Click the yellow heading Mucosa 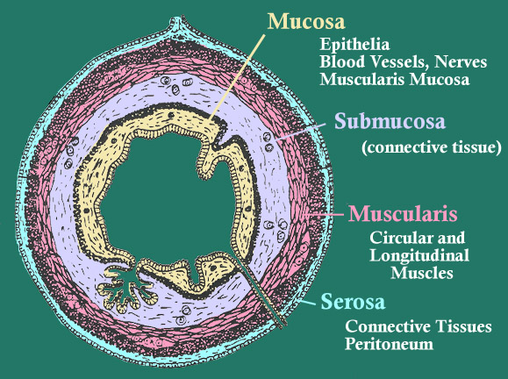(x=306, y=21)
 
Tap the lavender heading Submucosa (x=390, y=121)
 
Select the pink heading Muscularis (x=403, y=213)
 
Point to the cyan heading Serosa (x=353, y=301)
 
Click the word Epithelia (x=354, y=45)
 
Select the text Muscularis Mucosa (x=394, y=79)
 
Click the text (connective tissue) (x=431, y=147)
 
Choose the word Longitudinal (x=419, y=255)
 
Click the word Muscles (x=421, y=273)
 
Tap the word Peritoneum (x=389, y=344)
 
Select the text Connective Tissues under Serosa (x=419, y=326)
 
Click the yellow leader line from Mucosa (x=237, y=77)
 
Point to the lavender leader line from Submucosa (x=301, y=132)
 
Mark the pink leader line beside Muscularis (x=325, y=214)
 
